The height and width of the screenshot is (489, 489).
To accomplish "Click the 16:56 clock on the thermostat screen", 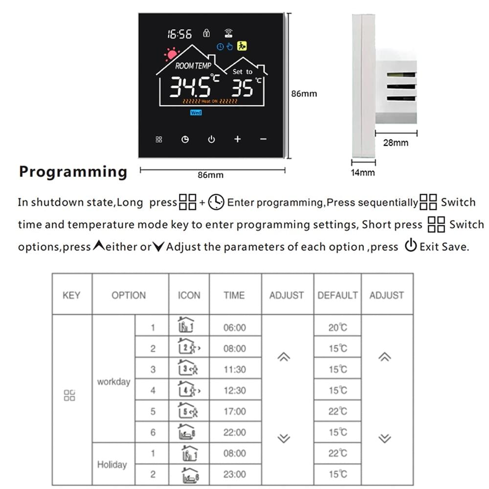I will point(179,34).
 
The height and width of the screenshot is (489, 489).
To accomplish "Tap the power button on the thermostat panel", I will point(211,139).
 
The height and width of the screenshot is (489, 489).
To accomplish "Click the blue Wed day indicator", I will point(196,112).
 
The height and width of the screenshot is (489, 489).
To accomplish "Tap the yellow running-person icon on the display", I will point(241,46).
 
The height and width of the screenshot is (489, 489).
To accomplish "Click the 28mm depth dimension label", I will point(396,143).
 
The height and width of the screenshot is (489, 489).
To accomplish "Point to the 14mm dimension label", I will point(363,173).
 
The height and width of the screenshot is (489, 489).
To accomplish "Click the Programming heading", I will point(73,172).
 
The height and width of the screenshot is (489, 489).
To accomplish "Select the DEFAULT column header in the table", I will point(337,295).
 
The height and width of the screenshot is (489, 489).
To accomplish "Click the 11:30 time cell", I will point(235,370).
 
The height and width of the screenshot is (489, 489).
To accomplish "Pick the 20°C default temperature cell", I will point(337,328).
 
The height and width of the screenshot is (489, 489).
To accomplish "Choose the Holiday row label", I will point(112,464).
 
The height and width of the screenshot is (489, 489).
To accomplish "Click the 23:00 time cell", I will point(235,474).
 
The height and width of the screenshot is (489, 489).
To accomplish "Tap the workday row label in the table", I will point(113,381).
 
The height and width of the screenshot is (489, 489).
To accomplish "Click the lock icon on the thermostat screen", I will point(207,33).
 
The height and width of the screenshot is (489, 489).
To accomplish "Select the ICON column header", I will point(189,295).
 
